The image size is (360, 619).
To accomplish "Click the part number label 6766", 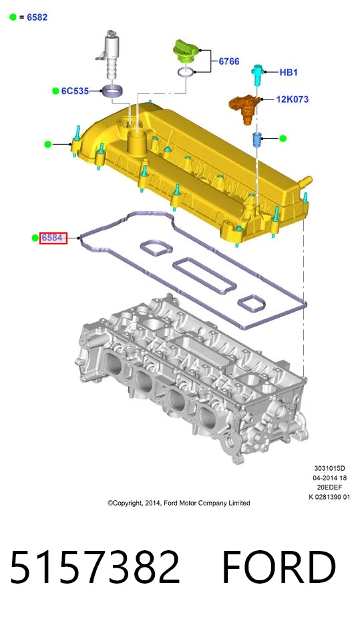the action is (229, 61).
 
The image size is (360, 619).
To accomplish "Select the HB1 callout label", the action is (289, 72).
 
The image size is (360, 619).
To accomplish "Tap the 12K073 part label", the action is (292, 99).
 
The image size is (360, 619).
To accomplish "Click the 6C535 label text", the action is (75, 91).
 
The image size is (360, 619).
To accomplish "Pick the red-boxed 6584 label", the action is (53, 238).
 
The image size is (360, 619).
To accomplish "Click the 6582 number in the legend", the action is (37, 17).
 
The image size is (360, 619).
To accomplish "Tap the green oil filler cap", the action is (186, 51).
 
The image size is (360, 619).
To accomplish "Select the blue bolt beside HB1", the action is (256, 75).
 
